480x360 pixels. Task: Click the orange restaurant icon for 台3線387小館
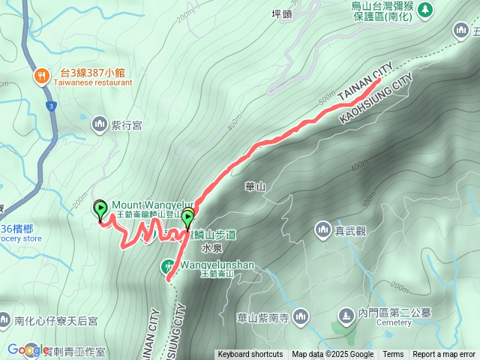[42, 74]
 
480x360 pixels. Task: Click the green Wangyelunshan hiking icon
[169, 266]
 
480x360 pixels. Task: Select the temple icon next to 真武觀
[323, 229]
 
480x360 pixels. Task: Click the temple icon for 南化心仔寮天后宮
[5, 320]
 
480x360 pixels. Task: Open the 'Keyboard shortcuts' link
[250, 355]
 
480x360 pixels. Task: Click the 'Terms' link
[393, 355]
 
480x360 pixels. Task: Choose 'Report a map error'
[444, 355]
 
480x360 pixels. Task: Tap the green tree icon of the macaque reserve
[425, 10]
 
